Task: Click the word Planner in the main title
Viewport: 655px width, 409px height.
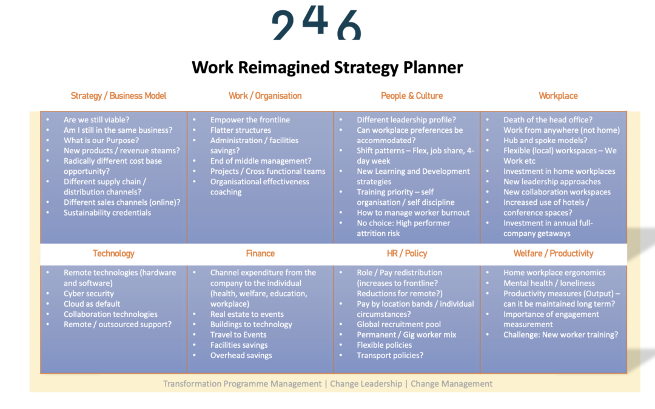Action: point(433,68)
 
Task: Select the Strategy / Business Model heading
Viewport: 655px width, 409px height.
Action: point(118,96)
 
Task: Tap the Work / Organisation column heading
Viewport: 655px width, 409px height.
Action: point(265,96)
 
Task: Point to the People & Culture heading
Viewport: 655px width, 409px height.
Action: point(411,96)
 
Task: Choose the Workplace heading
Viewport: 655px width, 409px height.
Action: point(558,96)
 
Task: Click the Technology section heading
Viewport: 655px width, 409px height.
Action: point(113,253)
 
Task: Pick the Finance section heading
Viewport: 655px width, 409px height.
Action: point(260,253)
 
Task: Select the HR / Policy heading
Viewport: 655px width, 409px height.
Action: point(407,253)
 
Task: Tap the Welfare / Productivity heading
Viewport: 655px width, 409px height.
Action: point(553,253)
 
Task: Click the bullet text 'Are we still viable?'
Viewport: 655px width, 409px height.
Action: point(96,120)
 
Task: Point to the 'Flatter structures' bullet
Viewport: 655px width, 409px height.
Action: point(241,130)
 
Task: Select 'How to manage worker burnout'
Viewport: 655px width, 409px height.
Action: point(413,213)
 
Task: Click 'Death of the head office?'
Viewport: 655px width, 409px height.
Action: point(548,120)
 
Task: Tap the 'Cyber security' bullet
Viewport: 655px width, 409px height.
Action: point(89,293)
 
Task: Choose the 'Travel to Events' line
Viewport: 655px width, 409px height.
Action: point(238,334)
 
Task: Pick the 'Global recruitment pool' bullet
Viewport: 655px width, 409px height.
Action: point(398,324)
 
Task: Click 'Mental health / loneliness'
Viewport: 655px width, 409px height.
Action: point(549,283)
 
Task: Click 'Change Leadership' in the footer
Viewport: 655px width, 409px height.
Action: point(366,384)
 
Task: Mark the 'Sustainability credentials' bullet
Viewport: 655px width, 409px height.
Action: point(107,213)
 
